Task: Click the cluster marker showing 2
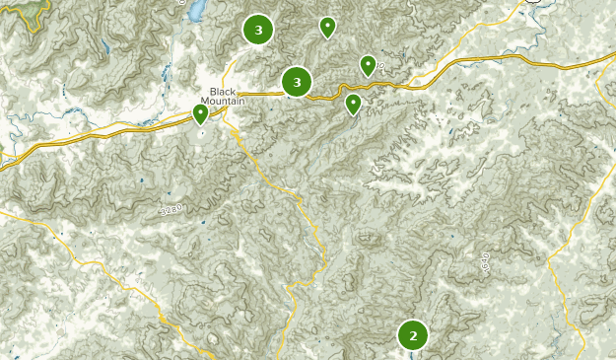click(x=413, y=335)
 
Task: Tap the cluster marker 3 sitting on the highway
click(x=297, y=83)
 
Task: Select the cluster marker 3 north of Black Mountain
click(x=258, y=31)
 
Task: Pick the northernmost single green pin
click(x=327, y=27)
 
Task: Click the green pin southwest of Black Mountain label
click(x=200, y=114)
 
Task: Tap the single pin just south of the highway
click(x=353, y=104)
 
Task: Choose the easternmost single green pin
click(x=368, y=65)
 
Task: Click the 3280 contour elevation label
click(x=171, y=209)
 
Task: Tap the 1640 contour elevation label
click(x=486, y=262)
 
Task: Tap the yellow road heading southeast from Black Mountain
click(x=286, y=187)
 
